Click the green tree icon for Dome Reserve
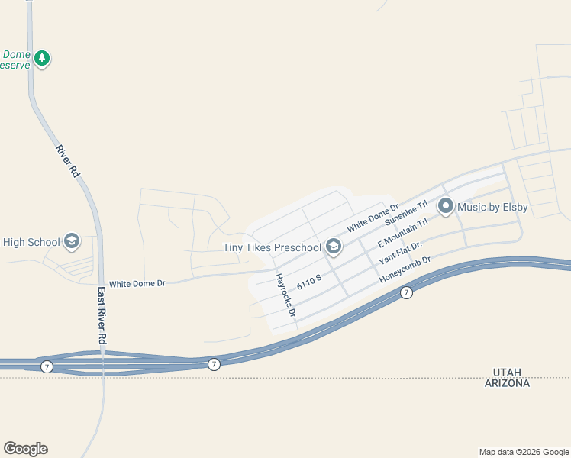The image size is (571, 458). [43, 58]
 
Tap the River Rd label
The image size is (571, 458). [68, 161]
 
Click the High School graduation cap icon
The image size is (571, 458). [72, 242]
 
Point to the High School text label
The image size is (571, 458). [31, 243]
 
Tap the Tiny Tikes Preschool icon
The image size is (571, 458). [333, 246]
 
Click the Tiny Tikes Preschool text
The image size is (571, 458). [272, 247]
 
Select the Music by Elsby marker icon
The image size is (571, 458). [446, 206]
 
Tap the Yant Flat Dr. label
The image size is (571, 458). [400, 253]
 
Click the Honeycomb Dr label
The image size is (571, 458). [405, 270]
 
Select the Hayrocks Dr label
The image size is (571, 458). [285, 295]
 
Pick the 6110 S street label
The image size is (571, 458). [309, 283]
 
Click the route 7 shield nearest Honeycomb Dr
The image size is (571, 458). [407, 292]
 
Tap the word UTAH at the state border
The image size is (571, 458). [507, 372]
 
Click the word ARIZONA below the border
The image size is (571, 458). [507, 383]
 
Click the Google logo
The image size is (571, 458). [25, 449]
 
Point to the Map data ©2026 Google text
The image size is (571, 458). [524, 452]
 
